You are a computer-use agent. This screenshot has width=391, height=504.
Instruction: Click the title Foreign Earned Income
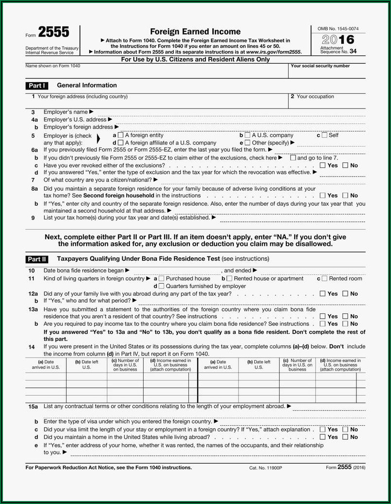pyautogui.click(x=195, y=32)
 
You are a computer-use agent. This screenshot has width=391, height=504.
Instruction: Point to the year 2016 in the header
pyautogui.click(x=338, y=40)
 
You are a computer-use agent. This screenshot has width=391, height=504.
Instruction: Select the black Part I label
pyautogui.click(x=37, y=86)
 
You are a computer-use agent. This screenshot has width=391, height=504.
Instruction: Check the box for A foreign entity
pyautogui.click(x=121, y=135)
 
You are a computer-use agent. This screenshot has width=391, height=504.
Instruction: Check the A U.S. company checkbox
pyautogui.click(x=247, y=135)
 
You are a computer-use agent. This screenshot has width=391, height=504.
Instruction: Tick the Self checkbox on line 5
pyautogui.click(x=324, y=135)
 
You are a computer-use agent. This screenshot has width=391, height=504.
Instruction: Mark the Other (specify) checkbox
pyautogui.click(x=247, y=143)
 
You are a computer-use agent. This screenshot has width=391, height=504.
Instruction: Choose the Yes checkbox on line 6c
pyautogui.click(x=322, y=165)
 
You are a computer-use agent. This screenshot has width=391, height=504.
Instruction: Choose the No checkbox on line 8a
pyautogui.click(x=345, y=196)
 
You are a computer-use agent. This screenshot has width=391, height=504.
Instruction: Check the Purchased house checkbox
pyautogui.click(x=162, y=279)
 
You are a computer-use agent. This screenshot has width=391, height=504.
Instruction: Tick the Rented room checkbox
pyautogui.click(x=324, y=279)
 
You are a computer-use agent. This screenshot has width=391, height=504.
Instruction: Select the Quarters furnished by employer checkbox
pyautogui.click(x=162, y=287)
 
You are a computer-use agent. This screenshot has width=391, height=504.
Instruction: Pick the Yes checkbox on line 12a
pyautogui.click(x=322, y=294)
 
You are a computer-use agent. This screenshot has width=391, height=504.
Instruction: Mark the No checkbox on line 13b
pyautogui.click(x=345, y=324)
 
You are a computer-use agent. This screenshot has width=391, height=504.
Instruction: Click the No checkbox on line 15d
pyautogui.click(x=345, y=437)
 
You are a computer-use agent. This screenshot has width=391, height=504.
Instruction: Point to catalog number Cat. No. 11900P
pyautogui.click(x=265, y=468)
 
